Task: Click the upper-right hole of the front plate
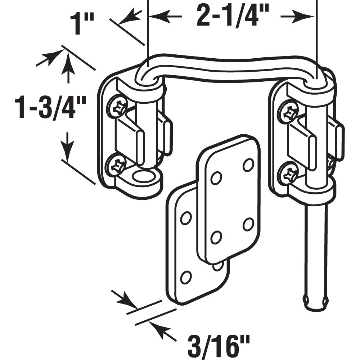pyautogui.click(x=248, y=165)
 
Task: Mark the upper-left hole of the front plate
pyautogui.click(x=216, y=178)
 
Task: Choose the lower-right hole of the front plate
pyautogui.click(x=248, y=224)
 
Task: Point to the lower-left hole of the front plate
pyautogui.click(x=216, y=237)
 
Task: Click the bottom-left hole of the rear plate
pyautogui.click(x=186, y=277)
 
